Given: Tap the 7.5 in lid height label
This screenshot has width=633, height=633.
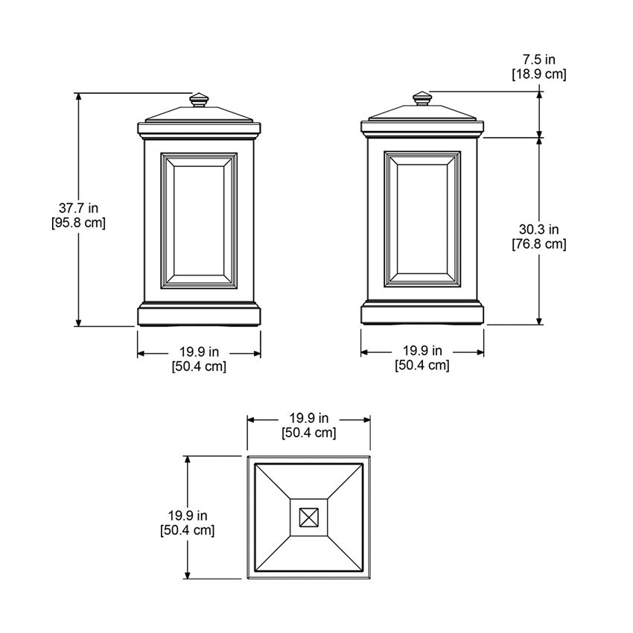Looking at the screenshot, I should (x=538, y=59).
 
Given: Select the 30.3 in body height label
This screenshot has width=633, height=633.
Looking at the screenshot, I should (x=538, y=229).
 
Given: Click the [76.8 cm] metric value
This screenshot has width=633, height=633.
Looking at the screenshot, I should (x=538, y=244).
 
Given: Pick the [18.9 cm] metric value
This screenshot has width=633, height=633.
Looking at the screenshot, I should (x=538, y=74).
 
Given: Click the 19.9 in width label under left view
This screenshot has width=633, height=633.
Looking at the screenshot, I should (x=199, y=352).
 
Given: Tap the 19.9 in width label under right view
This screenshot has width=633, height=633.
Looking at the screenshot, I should (x=422, y=350).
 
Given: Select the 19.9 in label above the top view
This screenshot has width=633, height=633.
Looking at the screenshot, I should (x=309, y=419).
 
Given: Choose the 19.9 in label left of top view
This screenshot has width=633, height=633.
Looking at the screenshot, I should (x=188, y=515).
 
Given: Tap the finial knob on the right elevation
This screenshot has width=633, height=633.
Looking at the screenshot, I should (x=422, y=99).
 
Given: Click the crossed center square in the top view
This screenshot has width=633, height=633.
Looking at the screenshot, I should (x=308, y=517).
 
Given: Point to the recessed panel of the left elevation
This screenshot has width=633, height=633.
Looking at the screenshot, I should (x=199, y=220).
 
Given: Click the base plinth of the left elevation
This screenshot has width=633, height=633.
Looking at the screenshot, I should (x=199, y=315).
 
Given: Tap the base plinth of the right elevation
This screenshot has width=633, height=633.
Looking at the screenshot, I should (x=422, y=314).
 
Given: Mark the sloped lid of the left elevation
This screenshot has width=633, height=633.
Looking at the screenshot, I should (x=199, y=115).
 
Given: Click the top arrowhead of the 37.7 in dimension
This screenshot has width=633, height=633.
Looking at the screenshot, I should (x=78, y=98).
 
